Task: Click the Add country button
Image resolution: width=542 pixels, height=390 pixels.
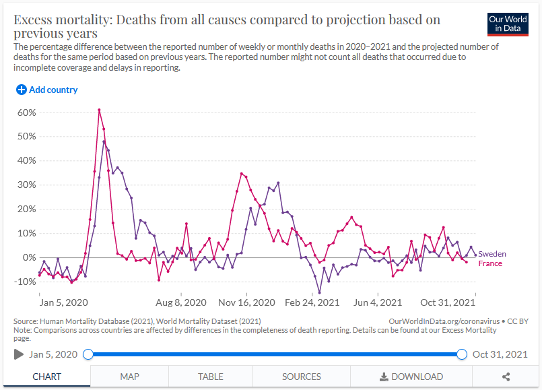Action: (47, 90)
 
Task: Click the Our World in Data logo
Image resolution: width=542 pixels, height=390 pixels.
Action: (507, 24)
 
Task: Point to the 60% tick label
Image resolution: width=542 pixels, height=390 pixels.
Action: (26, 112)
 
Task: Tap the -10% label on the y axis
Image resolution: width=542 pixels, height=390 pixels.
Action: (25, 282)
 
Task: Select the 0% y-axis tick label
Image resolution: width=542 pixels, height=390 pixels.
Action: (29, 257)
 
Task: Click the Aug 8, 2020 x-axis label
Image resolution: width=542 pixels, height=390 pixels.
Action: (180, 302)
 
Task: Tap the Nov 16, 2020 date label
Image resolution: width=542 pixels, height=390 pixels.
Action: (247, 302)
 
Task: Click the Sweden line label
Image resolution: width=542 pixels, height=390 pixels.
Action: (492, 254)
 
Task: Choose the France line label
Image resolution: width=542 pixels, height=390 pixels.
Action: (490, 263)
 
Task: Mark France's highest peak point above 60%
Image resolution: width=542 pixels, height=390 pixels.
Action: (99, 110)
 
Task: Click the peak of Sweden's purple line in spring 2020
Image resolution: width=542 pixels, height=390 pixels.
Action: (104, 141)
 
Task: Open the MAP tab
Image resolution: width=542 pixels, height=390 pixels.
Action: (129, 377)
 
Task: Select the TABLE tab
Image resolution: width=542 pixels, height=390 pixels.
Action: (211, 377)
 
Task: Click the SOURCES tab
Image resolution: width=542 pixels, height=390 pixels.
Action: (301, 377)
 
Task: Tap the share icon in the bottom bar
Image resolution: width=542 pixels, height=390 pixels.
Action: (506, 377)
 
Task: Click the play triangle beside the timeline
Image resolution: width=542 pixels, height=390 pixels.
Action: (19, 354)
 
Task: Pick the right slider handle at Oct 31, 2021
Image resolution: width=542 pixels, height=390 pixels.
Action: (462, 354)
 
